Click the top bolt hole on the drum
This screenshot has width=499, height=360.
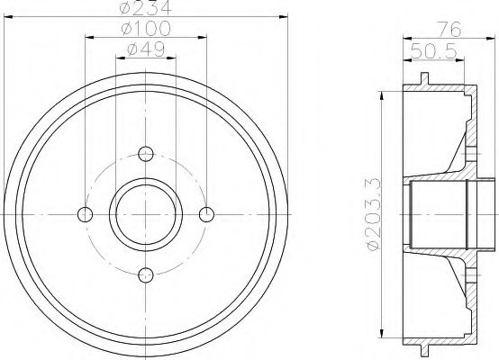coord(146,152)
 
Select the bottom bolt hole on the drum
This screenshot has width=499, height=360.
coord(146,274)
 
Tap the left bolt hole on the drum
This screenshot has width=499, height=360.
coord(86,213)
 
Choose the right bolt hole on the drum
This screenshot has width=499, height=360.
coord(206,213)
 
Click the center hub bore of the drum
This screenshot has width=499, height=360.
coord(146,213)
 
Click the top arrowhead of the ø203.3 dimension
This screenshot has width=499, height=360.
coord(384,93)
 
